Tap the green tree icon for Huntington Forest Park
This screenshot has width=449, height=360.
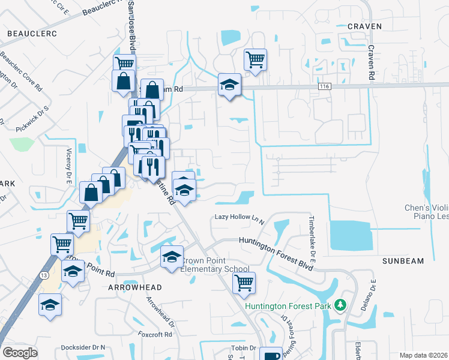tap(341, 306)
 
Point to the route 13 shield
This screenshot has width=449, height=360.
tap(44, 258)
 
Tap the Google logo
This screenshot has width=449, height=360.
tap(20, 353)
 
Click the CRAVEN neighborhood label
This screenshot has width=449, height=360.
tap(364, 26)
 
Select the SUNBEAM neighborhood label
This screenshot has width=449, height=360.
tap(403, 261)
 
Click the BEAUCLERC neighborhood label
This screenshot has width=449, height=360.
tap(32, 34)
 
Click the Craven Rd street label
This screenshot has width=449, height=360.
tap(372, 62)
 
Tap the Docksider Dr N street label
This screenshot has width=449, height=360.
tap(83, 347)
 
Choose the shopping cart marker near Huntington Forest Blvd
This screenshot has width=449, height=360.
tap(244, 283)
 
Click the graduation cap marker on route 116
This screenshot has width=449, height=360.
tap(229, 85)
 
